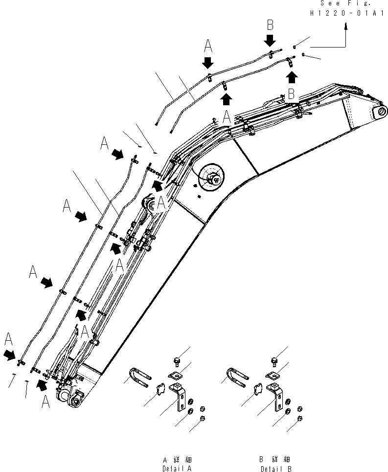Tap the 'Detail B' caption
click(x=275, y=468)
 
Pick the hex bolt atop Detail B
click(x=274, y=361)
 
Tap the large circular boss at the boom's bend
click(x=211, y=177)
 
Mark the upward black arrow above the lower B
click(x=292, y=76)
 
